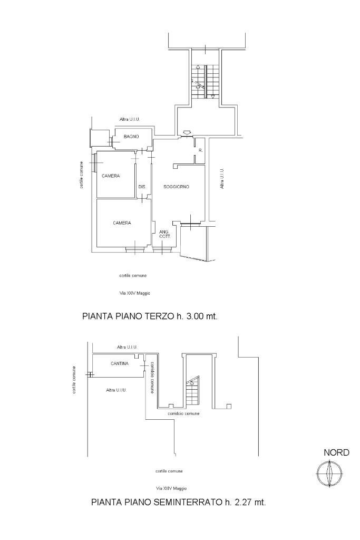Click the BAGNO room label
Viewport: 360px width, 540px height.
[x=131, y=137]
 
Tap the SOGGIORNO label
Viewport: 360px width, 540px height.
[x=177, y=187]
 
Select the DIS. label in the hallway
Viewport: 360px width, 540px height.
[x=142, y=187]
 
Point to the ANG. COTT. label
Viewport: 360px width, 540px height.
[x=165, y=235]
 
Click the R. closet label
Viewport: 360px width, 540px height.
[x=200, y=151]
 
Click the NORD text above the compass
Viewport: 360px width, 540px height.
[x=336, y=452]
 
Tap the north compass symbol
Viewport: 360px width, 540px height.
[x=329, y=472]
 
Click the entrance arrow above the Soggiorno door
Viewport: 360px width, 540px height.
[x=186, y=132]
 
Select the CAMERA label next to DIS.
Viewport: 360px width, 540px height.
[x=111, y=176]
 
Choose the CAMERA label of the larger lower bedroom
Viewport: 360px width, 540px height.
[x=122, y=223]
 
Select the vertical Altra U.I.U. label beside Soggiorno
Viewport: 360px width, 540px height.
[x=222, y=179]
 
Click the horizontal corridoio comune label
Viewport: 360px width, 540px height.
[x=183, y=414]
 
